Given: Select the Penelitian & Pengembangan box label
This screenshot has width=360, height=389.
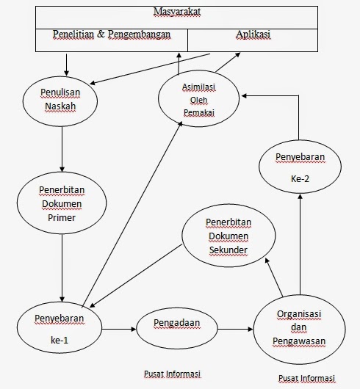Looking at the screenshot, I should [111, 34].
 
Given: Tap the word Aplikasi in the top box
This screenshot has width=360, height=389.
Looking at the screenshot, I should [253, 34].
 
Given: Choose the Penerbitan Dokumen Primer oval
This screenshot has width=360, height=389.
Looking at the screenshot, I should [61, 202].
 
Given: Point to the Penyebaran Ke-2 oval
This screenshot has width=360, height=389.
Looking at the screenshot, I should [298, 167].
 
